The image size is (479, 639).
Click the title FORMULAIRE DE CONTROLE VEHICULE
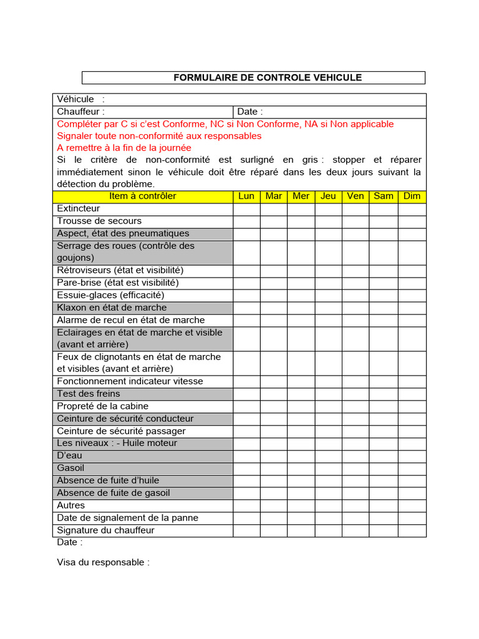click(267, 77)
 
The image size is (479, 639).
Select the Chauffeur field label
click(81, 112)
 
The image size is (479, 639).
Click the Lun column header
click(246, 196)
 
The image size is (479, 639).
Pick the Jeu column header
click(328, 196)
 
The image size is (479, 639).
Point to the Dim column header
click(412, 196)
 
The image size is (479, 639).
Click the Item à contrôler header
click(143, 196)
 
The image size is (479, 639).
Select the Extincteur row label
click(79, 208)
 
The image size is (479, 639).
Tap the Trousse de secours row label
click(99, 221)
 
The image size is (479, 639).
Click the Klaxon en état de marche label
click(112, 308)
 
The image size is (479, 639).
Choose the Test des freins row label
click(89, 394)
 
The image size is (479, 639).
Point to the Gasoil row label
click(70, 468)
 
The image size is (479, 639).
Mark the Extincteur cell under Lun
click(246, 208)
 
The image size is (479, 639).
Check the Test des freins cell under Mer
click(301, 394)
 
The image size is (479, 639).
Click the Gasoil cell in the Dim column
click(412, 468)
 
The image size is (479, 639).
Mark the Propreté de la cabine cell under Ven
click(356, 406)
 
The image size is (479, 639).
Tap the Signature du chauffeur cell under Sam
click(383, 530)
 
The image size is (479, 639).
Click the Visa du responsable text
click(104, 562)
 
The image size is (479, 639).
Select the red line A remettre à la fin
click(124, 148)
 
